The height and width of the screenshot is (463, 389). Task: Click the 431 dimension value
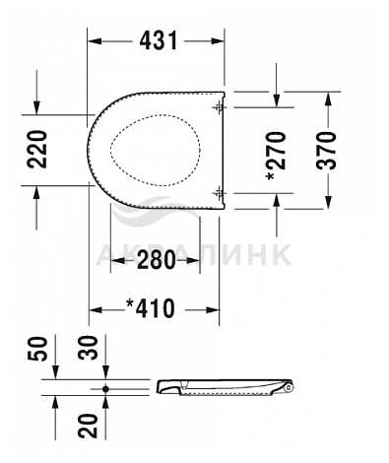(159, 40)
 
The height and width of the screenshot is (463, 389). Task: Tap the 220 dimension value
(36, 150)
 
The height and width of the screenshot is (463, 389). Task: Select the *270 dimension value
(275, 156)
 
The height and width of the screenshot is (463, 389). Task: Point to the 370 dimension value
(327, 151)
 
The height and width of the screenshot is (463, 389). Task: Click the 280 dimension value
(157, 260)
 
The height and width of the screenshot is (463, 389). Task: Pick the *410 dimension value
(151, 308)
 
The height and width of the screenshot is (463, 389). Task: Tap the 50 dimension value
(37, 349)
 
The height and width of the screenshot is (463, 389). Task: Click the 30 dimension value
(88, 348)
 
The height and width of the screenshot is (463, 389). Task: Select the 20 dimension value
(88, 426)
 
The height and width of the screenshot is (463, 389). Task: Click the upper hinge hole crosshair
(219, 107)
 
